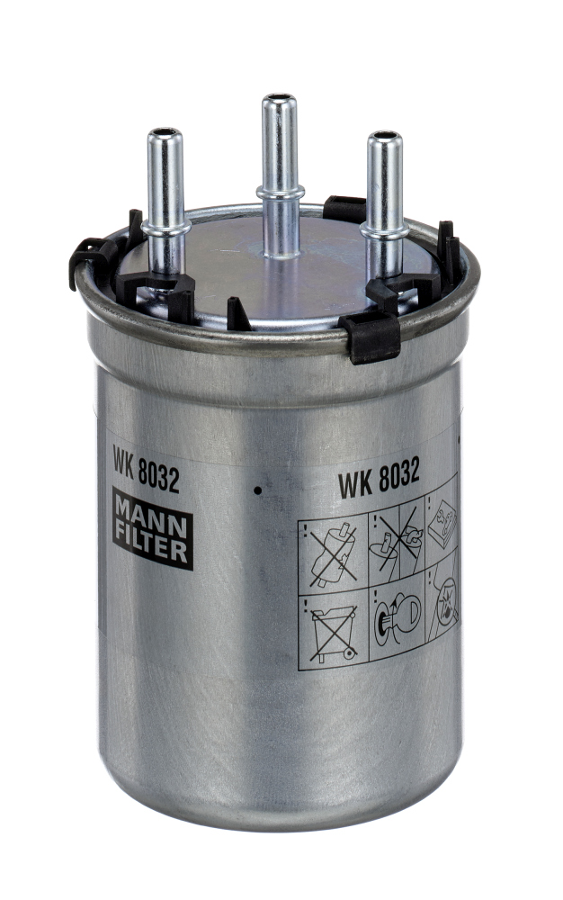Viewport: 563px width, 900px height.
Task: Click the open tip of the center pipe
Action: click(279, 98)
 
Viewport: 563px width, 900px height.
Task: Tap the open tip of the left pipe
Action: click(165, 134)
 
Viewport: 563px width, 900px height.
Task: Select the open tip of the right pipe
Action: click(385, 138)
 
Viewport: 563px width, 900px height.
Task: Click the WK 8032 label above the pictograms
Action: click(379, 476)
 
